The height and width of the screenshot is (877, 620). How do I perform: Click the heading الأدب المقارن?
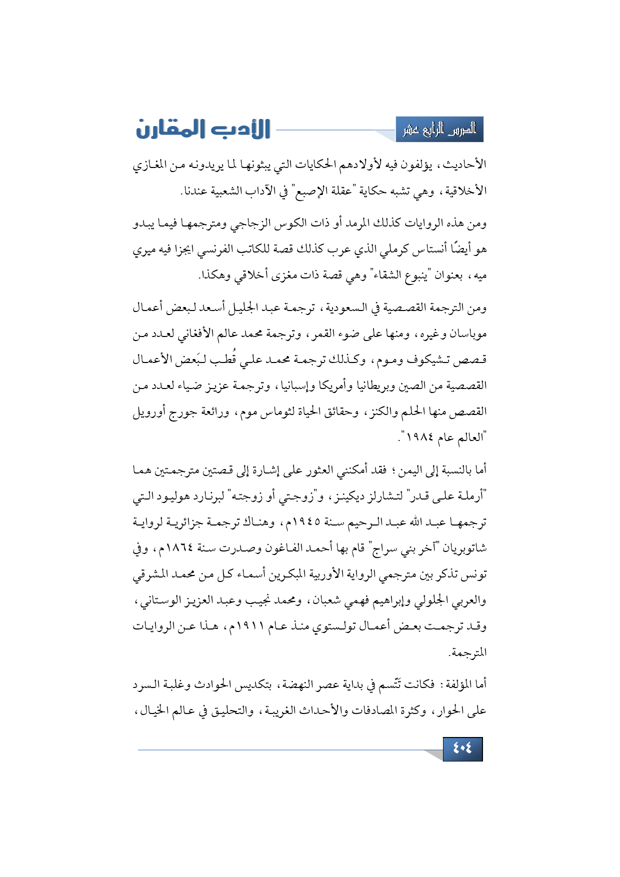coord(203,129)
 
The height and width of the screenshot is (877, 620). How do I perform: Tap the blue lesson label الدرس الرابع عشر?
coord(439,130)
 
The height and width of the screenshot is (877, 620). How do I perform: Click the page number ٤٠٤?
coord(462,748)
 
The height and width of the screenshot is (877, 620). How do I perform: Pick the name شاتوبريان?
coord(461,548)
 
